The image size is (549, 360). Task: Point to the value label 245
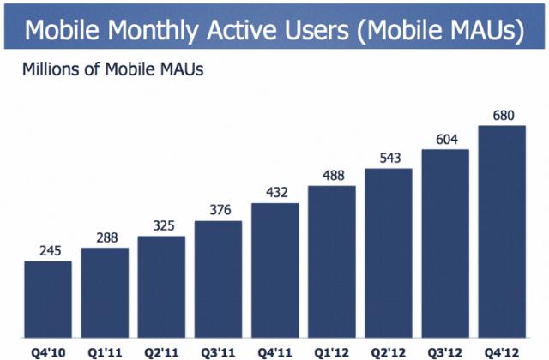pyautogui.click(x=47, y=250)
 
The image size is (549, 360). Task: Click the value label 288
pyautogui.click(x=104, y=237)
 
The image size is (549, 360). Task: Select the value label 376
pyautogui.click(x=218, y=210)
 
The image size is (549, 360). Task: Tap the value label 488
pyautogui.click(x=331, y=175)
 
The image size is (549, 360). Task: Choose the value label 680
pyautogui.click(x=501, y=115)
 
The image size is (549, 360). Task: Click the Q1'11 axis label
pyautogui.click(x=104, y=350)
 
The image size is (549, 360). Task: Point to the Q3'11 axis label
pyautogui.click(x=218, y=350)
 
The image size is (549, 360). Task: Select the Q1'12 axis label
pyautogui.click(x=331, y=350)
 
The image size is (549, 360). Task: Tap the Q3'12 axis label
pyautogui.click(x=444, y=350)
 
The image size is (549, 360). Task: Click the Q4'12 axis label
pyautogui.click(x=501, y=350)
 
